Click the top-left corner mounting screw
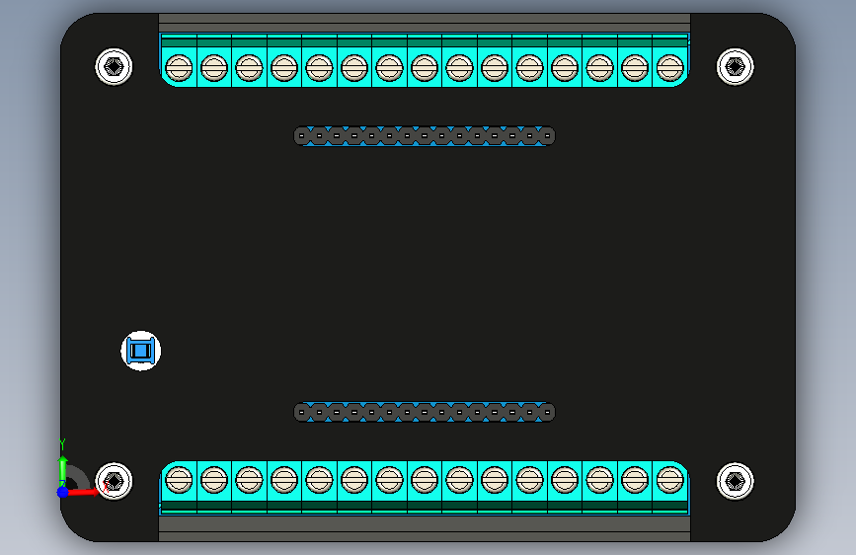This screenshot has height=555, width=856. pos(114,66)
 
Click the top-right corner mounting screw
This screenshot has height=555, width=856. pos(735,66)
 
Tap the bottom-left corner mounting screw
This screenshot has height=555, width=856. pos(114,481)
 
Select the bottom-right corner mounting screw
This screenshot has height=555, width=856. pos(735,481)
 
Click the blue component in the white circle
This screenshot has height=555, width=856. pos(140,351)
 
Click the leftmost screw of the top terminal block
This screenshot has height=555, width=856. pos(179,68)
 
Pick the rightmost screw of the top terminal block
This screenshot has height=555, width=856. pos(669,68)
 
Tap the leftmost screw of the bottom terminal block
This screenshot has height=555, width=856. pos(179,480)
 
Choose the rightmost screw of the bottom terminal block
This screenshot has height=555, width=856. pos(669,480)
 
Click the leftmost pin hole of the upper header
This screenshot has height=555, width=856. pos(302,136)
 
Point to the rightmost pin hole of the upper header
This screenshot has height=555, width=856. pos(547,136)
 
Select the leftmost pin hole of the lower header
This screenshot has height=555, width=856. pos(302,413)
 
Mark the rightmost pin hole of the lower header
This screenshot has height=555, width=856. pos(547,413)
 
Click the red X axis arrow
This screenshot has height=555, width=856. pos(83,492)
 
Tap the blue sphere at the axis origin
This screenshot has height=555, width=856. pos(63,492)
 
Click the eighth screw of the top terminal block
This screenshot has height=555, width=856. pos(425,68)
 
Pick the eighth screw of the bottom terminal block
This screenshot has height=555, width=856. pos(425,480)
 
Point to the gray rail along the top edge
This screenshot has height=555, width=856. pos(425,23)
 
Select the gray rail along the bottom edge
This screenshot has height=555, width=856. pos(425,528)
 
